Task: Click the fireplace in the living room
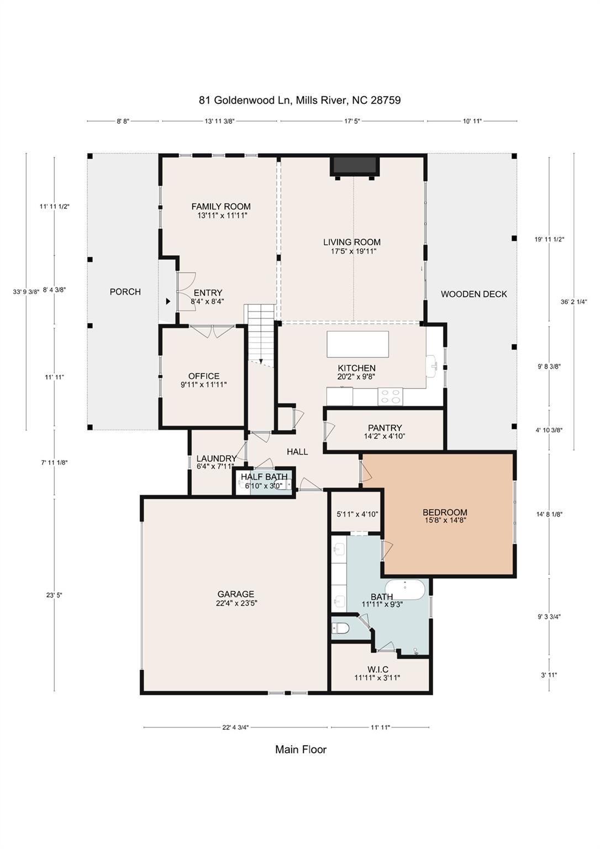(354, 166)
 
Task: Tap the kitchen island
(357, 344)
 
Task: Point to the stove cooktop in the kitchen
(391, 396)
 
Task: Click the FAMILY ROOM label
(221, 207)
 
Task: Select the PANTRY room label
(385, 428)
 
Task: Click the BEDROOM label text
(445, 512)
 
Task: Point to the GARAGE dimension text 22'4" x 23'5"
(236, 603)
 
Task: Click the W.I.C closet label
(377, 669)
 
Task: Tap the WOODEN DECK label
(473, 294)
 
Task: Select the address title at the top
(299, 101)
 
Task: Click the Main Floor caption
(301, 750)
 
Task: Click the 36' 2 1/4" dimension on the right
(573, 302)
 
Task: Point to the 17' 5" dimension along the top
(352, 121)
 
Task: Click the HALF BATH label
(264, 476)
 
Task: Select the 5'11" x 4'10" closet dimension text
(357, 514)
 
